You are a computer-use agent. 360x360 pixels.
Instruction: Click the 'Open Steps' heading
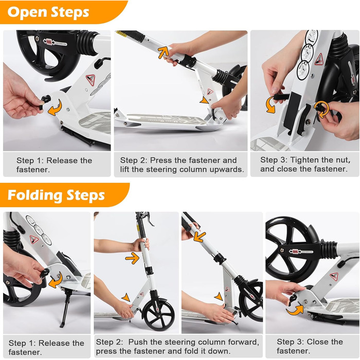[x=48, y=12]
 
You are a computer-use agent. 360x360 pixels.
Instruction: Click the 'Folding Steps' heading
[x=56, y=195]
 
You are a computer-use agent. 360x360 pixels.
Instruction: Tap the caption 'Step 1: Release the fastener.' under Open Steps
[x=54, y=165]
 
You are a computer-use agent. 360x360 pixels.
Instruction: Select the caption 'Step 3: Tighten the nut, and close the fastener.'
[x=305, y=165]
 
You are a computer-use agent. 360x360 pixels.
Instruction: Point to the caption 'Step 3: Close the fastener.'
[x=310, y=346]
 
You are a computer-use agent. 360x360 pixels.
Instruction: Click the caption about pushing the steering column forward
[x=177, y=347]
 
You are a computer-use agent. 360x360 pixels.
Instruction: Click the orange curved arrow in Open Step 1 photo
[x=55, y=108]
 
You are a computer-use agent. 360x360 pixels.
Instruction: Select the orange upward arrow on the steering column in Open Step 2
[x=163, y=52]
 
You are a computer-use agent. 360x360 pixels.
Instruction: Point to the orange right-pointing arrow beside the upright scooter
[x=132, y=258]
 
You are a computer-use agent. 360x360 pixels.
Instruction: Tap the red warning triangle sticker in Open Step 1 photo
[x=91, y=79]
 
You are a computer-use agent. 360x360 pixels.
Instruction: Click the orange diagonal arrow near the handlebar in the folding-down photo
[x=200, y=237]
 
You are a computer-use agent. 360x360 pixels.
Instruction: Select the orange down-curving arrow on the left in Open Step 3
[x=271, y=105]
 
